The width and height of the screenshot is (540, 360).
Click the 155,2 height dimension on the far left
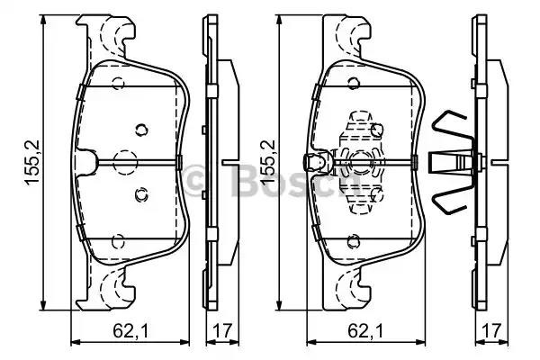[x=32, y=162]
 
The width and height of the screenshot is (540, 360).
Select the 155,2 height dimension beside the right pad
[x=269, y=162]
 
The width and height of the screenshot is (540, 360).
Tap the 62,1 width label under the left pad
[x=130, y=330]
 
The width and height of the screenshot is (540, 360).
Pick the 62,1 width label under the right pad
[x=365, y=330]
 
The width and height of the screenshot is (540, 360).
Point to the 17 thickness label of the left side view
[x=222, y=330]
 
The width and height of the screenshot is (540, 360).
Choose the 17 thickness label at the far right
[x=491, y=330]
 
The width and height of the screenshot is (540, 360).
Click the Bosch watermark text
[x=272, y=179]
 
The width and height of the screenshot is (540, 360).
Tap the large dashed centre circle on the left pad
[x=125, y=162]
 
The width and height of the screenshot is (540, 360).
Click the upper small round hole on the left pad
[x=141, y=130]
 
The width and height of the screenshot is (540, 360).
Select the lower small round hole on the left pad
[x=141, y=195]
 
